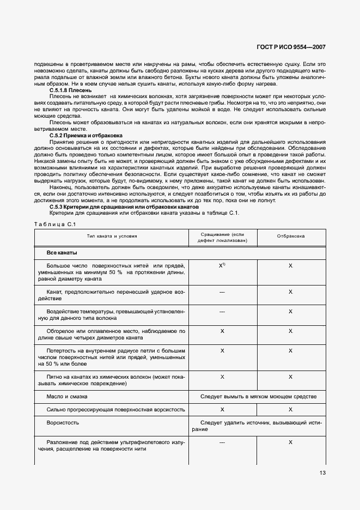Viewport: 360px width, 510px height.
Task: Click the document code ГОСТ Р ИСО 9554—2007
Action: (294, 48)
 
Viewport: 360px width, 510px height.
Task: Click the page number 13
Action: (322, 472)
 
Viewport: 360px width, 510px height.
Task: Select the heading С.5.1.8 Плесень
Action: (70, 90)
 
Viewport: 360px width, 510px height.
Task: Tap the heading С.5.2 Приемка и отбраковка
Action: (86, 135)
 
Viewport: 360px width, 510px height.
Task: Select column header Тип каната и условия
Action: (111, 236)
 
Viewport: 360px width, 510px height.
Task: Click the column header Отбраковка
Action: (290, 236)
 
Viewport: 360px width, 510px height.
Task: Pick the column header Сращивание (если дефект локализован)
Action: (222, 236)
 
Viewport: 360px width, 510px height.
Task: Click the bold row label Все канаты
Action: (62, 253)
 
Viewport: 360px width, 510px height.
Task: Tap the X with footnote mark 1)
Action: (222, 265)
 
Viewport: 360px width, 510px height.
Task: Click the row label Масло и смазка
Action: (67, 397)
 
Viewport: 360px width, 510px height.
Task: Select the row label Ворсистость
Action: (63, 422)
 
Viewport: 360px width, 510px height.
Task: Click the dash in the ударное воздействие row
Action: (222, 293)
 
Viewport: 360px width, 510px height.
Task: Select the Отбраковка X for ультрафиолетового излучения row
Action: (290, 442)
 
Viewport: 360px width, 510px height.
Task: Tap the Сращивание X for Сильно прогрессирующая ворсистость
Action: (222, 409)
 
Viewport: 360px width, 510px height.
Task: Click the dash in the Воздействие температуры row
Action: (222, 312)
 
